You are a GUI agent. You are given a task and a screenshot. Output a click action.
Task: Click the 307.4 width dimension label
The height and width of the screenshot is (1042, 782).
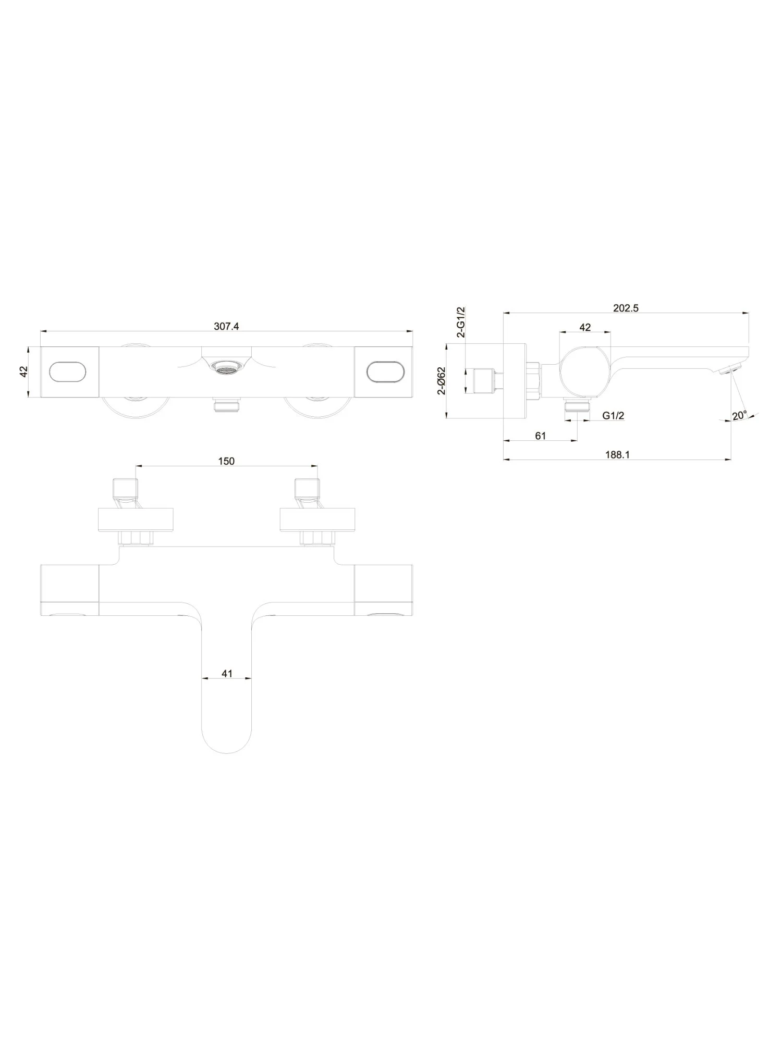click(x=226, y=326)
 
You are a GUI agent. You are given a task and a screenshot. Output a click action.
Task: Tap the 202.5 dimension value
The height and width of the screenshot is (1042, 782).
click(x=626, y=308)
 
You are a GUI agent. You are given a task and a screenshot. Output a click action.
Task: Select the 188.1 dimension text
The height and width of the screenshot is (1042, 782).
click(x=617, y=454)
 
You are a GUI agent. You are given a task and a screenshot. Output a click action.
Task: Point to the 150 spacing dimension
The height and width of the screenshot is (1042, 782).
click(x=226, y=461)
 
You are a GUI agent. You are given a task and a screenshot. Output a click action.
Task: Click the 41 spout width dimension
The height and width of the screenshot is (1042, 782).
click(x=227, y=674)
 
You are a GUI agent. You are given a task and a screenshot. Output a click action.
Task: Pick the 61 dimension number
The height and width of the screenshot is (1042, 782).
click(x=541, y=436)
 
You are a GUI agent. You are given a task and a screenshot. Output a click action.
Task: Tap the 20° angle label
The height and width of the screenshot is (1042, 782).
click(x=739, y=415)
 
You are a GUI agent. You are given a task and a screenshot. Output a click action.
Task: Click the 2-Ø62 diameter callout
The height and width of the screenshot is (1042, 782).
click(x=442, y=380)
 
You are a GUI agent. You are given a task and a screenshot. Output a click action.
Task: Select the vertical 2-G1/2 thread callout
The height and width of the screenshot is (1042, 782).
click(x=461, y=322)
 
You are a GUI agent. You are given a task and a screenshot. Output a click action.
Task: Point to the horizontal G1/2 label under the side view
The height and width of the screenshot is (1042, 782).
click(x=613, y=415)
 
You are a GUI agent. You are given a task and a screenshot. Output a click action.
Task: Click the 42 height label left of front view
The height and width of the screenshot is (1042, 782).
click(x=23, y=372)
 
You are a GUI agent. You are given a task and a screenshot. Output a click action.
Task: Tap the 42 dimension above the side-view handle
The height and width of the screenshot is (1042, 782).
click(x=585, y=327)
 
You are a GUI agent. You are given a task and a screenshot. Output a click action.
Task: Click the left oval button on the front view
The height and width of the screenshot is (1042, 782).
click(x=68, y=373)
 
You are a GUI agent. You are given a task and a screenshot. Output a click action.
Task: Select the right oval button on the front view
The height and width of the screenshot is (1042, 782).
click(x=385, y=373)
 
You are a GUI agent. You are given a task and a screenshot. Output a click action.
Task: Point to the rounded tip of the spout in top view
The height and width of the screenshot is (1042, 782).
click(x=227, y=742)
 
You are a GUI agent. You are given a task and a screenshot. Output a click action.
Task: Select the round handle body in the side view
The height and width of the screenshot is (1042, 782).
click(x=584, y=371)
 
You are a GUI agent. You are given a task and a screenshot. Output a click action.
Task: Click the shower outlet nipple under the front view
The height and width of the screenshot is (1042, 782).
click(x=226, y=405)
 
